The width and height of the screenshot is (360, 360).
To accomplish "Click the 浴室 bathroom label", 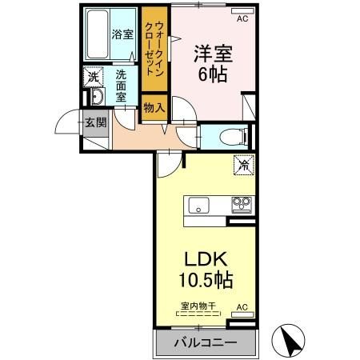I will click(122, 34).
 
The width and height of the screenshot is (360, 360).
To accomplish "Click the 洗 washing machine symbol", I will click(93, 78).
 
